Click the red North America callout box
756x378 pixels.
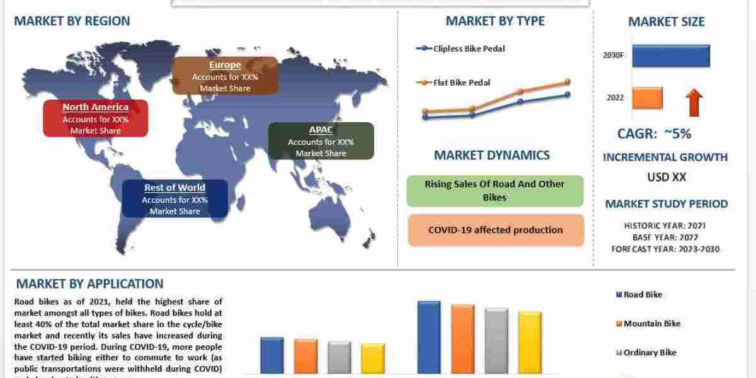pos(95,118)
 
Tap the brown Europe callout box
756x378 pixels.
pos(225,76)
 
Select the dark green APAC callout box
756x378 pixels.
pos(321,140)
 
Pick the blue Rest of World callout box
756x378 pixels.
pos(175,198)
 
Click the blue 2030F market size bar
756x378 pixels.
pos(671,55)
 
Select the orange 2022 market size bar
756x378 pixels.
pos(647,98)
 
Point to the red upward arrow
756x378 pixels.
pos(695,102)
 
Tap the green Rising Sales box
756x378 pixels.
pos(495,191)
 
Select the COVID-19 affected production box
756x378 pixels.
pos(495,230)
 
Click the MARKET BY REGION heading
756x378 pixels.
pos(72,21)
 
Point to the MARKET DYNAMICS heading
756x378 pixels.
pos(492,155)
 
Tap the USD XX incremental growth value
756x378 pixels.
pos(667,177)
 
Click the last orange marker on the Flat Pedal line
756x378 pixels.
pos(568,81)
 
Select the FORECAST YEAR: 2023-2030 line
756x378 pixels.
pos(665,249)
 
